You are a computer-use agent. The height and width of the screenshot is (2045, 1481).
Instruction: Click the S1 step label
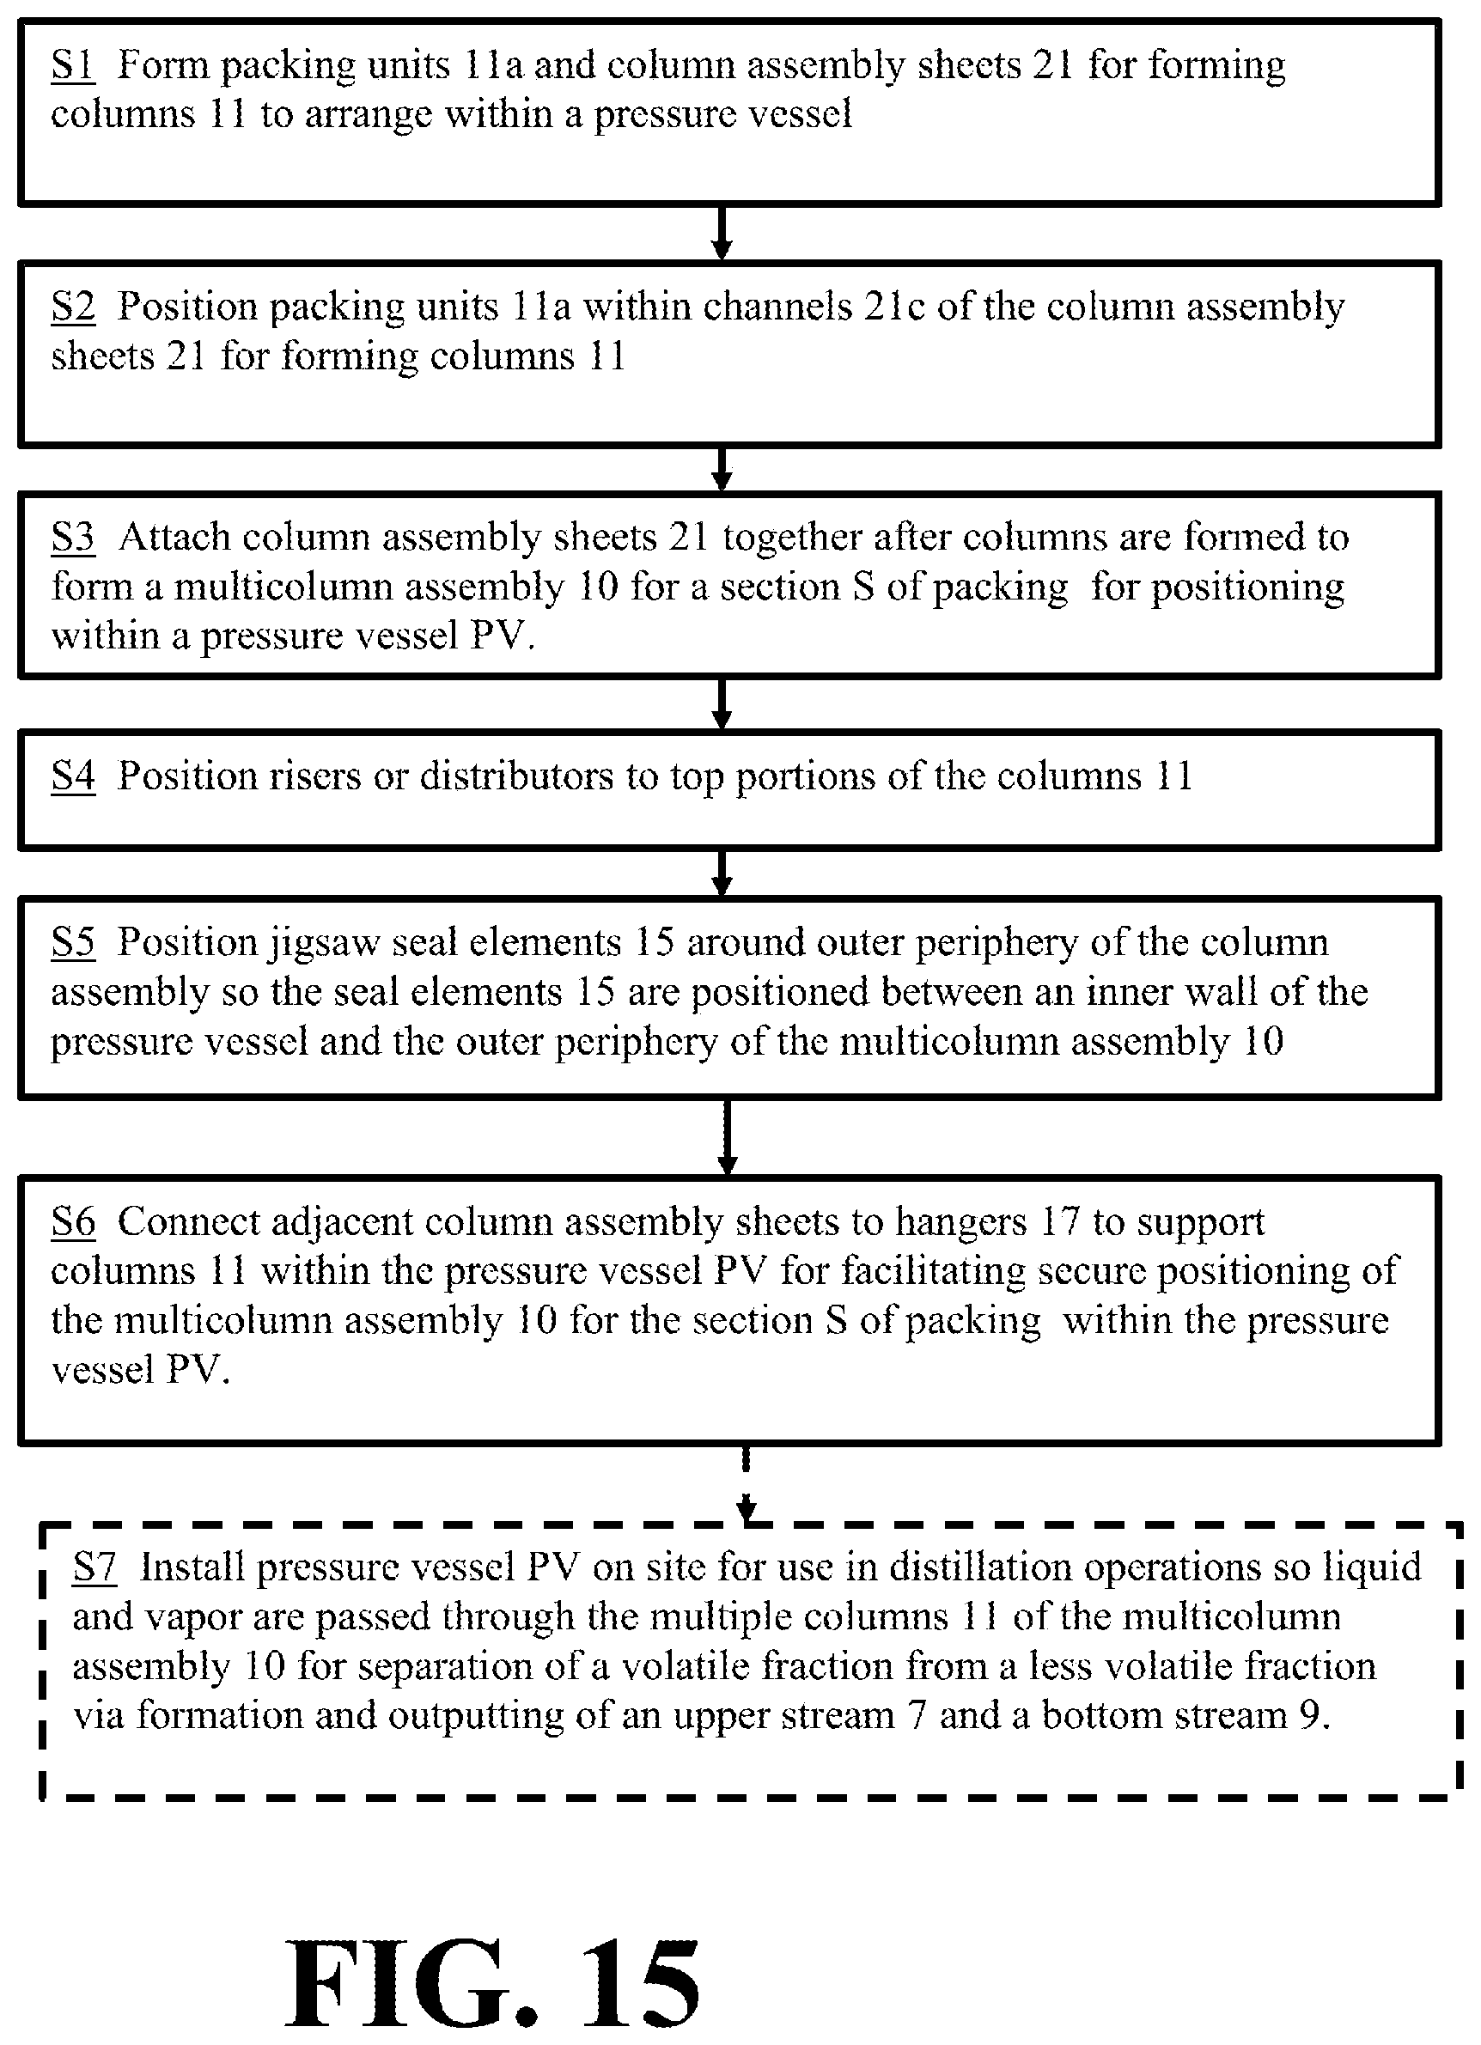point(72,66)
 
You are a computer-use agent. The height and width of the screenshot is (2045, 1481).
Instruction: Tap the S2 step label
point(72,307)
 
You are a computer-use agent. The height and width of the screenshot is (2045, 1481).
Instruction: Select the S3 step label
point(72,538)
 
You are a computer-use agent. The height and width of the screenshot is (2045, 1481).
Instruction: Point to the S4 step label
point(72,776)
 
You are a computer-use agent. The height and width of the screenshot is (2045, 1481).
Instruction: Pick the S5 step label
point(72,942)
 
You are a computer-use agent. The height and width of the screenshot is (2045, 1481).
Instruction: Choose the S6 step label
point(72,1222)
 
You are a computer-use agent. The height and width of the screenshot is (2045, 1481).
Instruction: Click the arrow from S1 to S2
point(721,234)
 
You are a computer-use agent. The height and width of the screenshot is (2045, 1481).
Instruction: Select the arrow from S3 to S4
point(721,704)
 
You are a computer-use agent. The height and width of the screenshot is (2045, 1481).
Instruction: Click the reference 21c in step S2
point(895,307)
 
